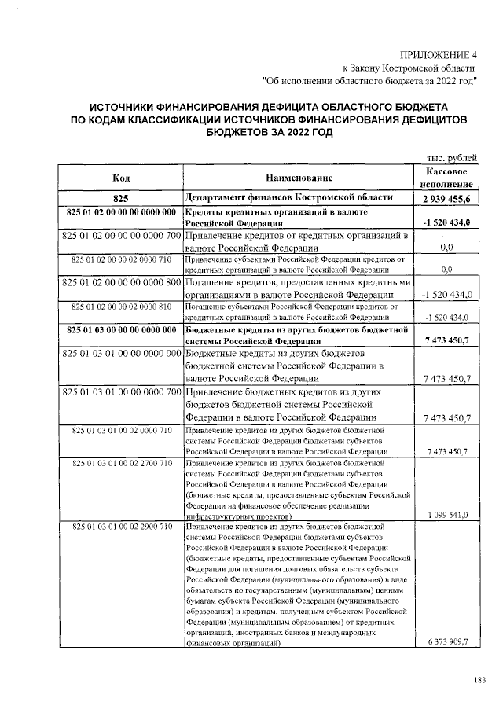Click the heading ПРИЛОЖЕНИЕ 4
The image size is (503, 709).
pos(439,54)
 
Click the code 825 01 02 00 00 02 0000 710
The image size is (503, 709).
pos(121,258)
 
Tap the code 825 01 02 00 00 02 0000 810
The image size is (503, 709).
pos(121,306)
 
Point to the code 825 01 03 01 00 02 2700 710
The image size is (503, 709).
pos(121,465)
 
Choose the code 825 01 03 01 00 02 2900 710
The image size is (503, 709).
pos(121,525)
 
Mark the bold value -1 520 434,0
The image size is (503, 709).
pos(446,223)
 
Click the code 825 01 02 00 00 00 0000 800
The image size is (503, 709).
pos(121,282)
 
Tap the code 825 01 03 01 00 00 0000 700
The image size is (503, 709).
pos(121,391)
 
